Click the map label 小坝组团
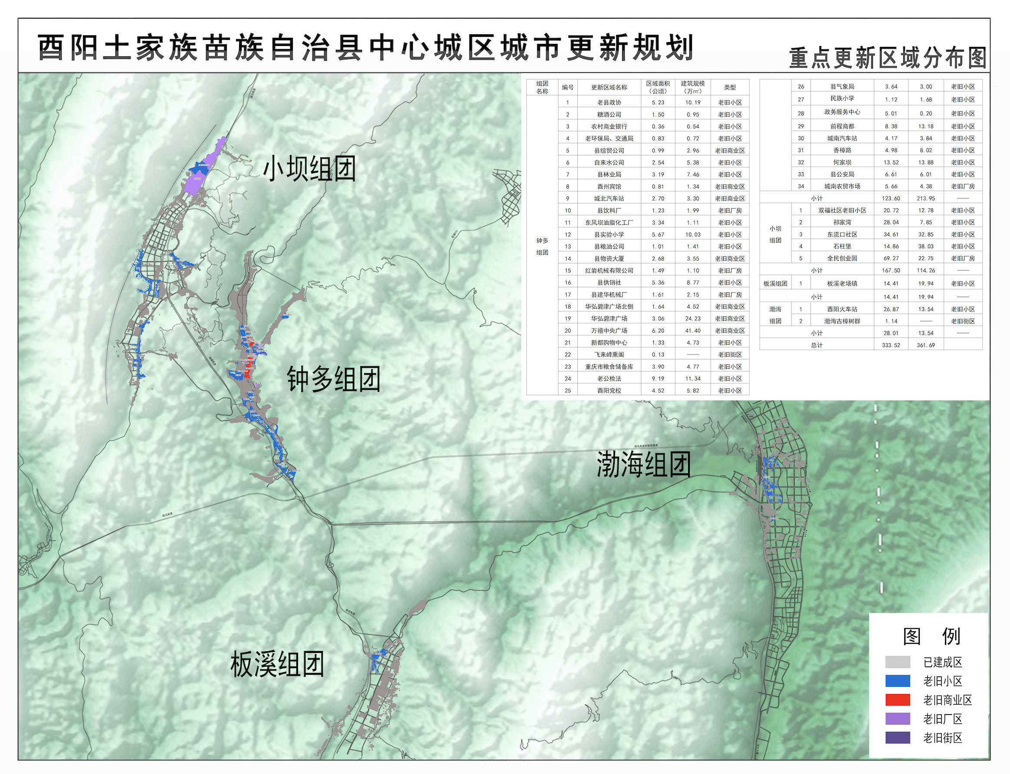click(309, 169)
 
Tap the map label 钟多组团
click(334, 379)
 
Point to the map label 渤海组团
click(644, 464)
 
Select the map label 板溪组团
click(277, 664)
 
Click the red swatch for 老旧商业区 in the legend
click(897, 700)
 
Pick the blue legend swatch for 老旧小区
click(897, 681)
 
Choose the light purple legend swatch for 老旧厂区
click(897, 719)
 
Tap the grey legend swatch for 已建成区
click(897, 662)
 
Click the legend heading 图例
click(931, 636)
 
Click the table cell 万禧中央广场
click(609, 330)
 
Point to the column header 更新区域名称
click(609, 87)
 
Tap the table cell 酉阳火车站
click(842, 309)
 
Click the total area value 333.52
click(891, 345)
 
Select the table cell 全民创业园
click(842, 259)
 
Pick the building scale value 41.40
click(692, 330)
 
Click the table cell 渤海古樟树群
click(842, 321)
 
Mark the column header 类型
click(729, 87)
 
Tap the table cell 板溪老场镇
click(842, 283)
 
